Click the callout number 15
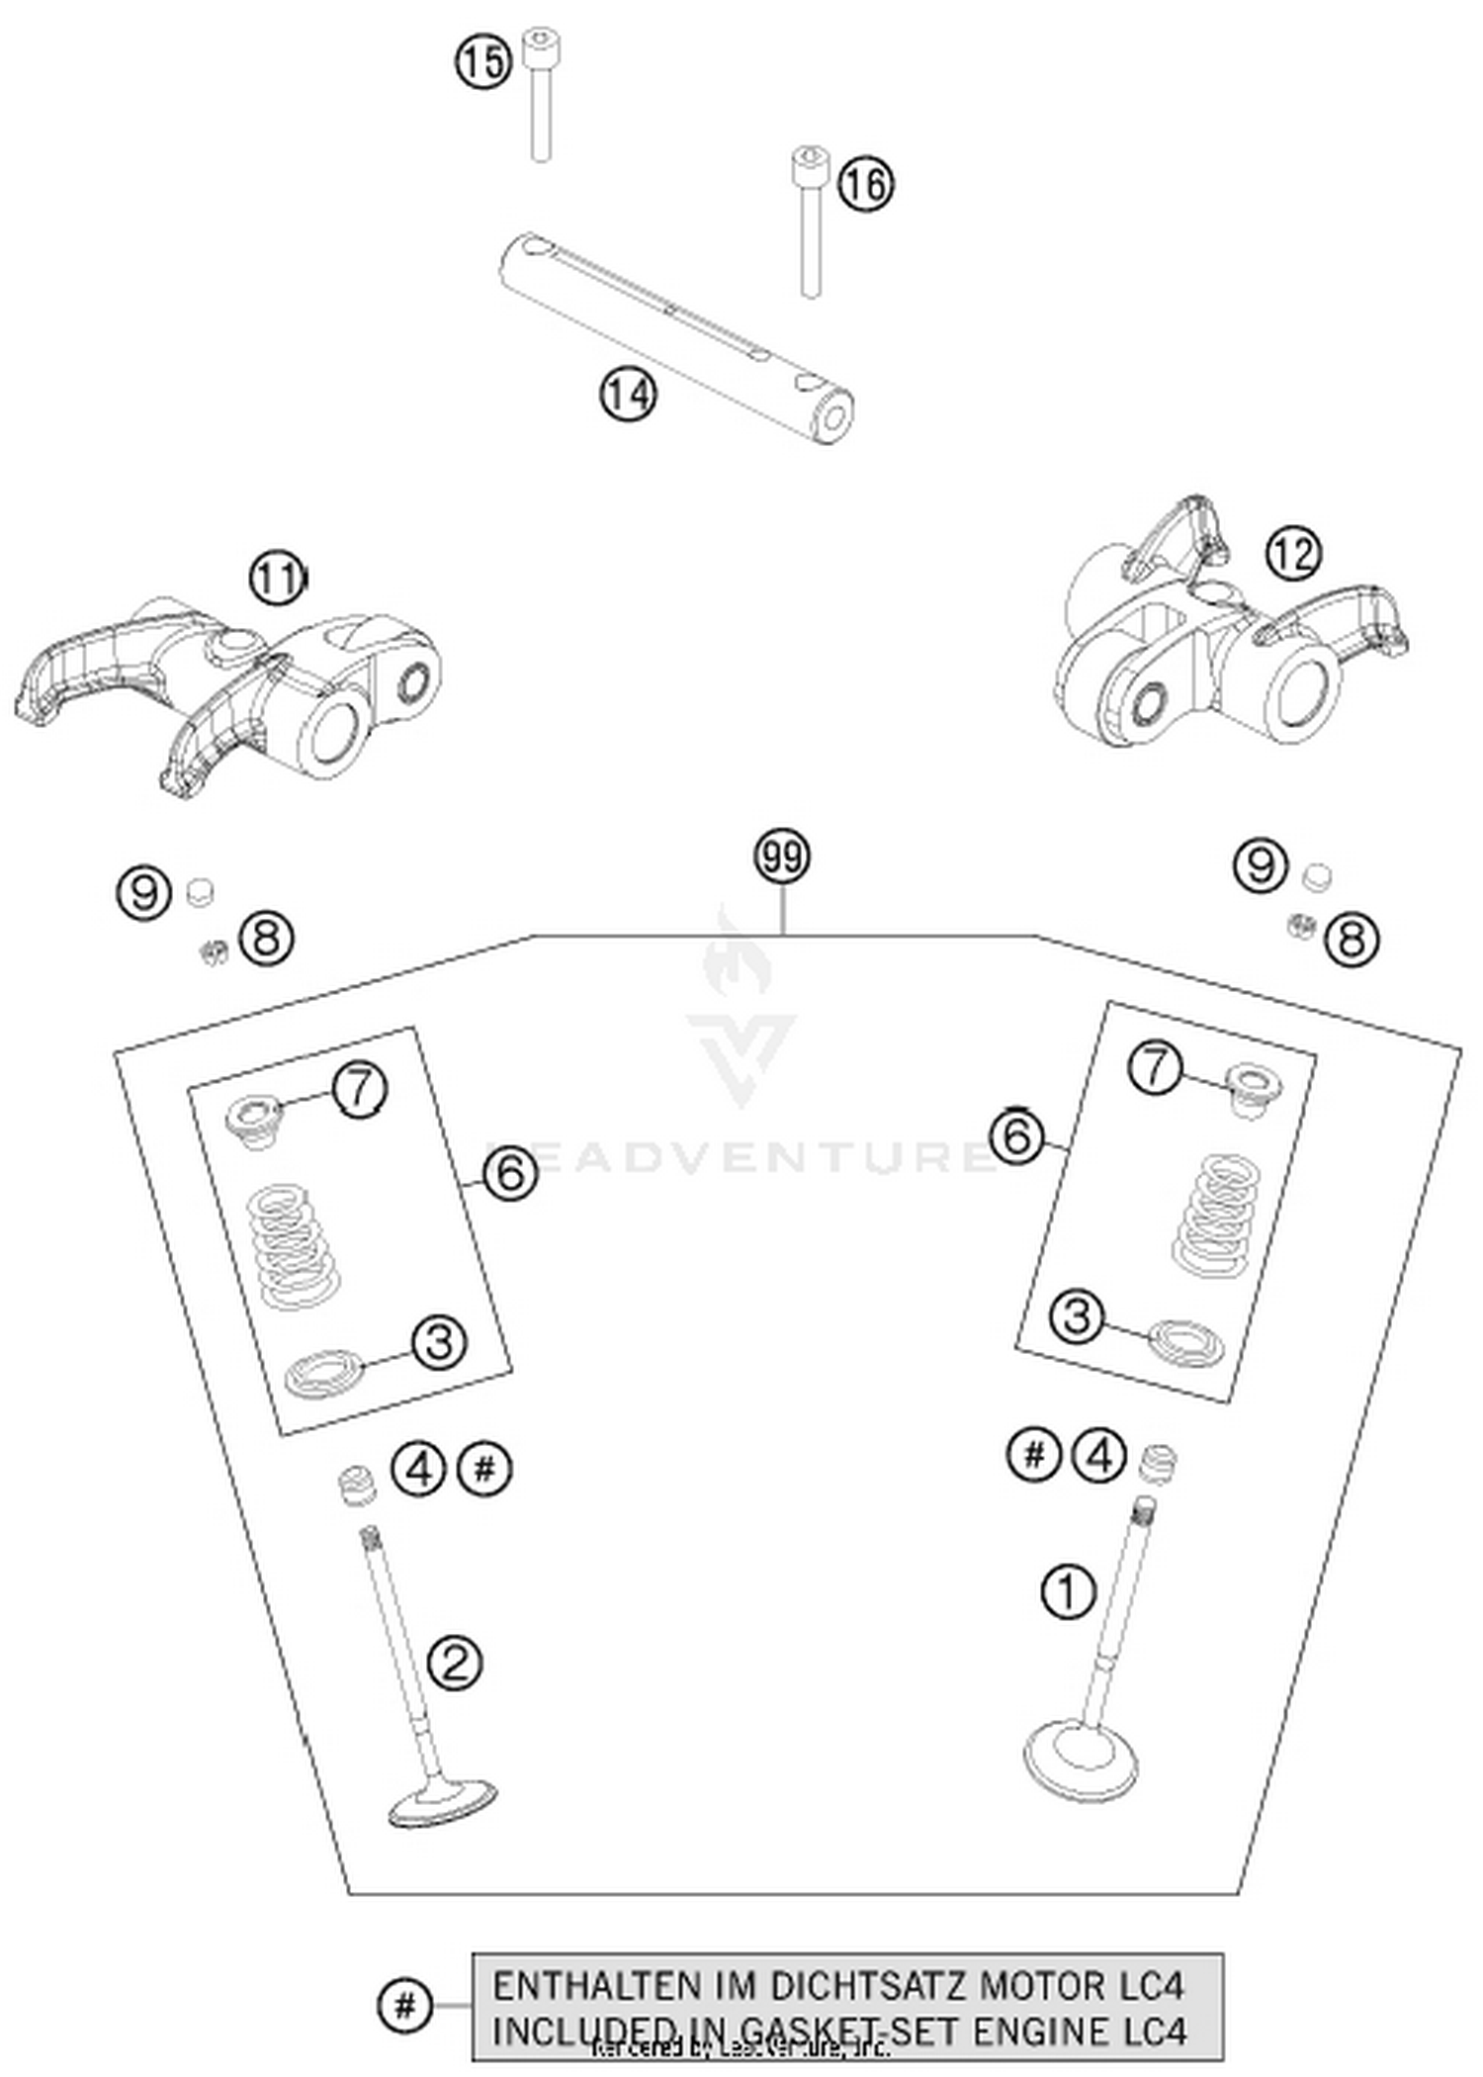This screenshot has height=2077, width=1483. (482, 63)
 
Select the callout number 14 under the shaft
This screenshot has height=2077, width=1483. (628, 395)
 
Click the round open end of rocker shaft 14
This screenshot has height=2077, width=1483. (833, 419)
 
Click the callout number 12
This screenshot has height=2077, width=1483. (1293, 555)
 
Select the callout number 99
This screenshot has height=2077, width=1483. (782, 858)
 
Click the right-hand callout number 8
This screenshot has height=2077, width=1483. (1352, 939)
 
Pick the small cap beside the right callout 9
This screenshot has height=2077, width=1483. (1316, 875)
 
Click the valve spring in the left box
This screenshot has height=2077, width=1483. (293, 1248)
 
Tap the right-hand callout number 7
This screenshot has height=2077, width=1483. (1156, 1068)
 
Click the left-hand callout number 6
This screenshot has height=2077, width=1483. (509, 1174)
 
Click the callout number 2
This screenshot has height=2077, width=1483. (455, 1663)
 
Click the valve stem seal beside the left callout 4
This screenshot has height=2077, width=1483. (358, 1488)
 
